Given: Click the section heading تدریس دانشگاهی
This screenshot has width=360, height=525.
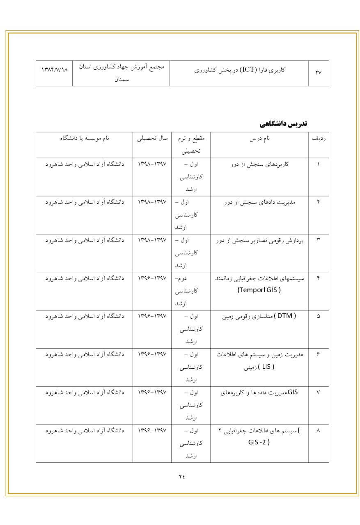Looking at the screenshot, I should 284,124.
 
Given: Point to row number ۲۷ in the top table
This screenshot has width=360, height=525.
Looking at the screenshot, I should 319,73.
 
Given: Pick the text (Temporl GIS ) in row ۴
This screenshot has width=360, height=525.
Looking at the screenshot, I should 259,290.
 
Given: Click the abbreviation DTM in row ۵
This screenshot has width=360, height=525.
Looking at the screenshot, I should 285,316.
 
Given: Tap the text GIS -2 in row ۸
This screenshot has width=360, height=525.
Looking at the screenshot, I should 259,443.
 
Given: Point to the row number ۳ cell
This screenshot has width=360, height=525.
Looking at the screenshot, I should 319,240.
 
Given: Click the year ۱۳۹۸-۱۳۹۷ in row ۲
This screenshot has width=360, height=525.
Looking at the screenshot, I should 152,202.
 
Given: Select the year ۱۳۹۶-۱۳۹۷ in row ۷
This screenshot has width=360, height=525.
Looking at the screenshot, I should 152,393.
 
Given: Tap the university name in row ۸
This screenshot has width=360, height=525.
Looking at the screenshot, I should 84,431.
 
